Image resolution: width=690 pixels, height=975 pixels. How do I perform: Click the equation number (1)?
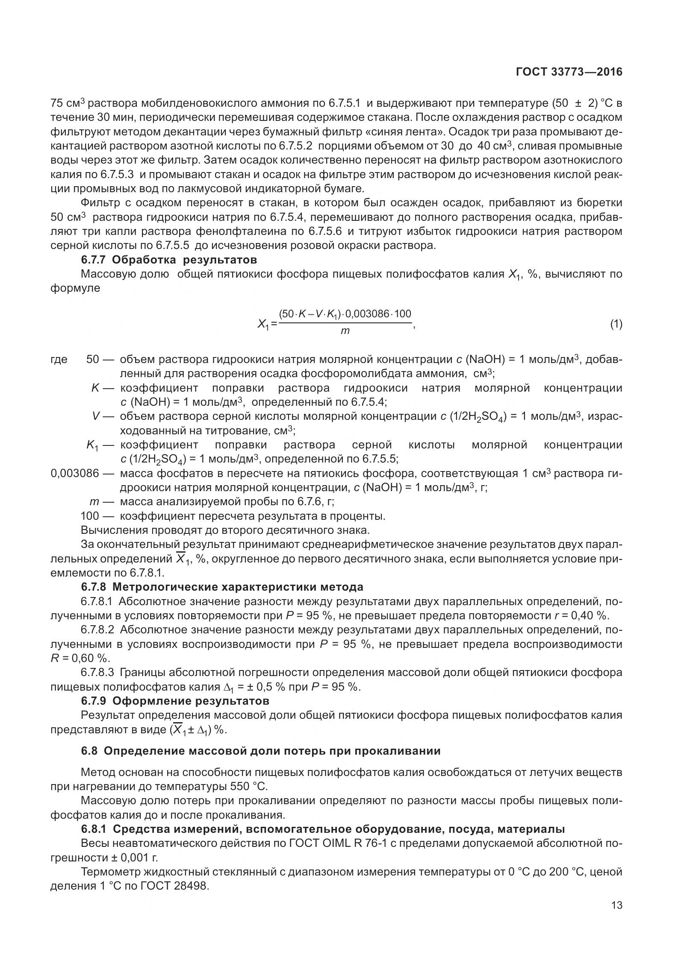tap(616, 324)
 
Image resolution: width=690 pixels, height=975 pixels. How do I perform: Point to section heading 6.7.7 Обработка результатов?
tap(169, 260)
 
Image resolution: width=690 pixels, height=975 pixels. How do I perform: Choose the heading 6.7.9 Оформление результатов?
tap(175, 701)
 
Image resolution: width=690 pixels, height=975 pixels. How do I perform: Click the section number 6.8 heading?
tap(261, 751)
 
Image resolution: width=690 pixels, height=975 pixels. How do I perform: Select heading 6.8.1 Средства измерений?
tap(323, 829)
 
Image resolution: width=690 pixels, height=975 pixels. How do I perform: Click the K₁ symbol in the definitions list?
tap(92, 445)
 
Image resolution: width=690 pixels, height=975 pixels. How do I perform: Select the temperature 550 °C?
tap(248, 786)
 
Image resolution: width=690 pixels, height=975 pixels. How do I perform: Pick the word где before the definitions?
tap(59, 360)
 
